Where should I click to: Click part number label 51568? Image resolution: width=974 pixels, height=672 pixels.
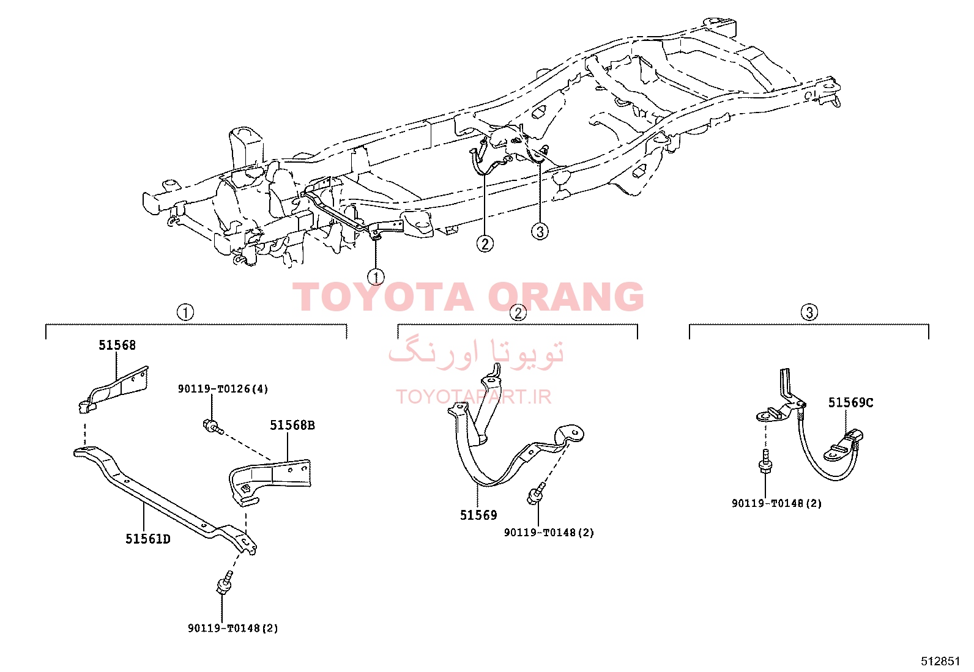(x=117, y=345)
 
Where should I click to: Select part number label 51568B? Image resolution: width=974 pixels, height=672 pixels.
(x=292, y=425)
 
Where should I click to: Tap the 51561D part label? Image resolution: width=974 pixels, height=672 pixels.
(x=148, y=539)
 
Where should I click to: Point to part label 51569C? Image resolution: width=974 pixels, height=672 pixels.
(x=850, y=403)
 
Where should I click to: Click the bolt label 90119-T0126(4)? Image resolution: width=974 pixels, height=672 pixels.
(x=223, y=389)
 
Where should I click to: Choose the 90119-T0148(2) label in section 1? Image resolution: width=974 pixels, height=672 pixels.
(x=232, y=628)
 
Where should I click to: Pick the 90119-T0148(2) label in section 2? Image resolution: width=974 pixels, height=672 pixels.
(x=549, y=533)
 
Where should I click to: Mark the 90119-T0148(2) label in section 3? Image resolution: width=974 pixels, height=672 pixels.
(x=776, y=503)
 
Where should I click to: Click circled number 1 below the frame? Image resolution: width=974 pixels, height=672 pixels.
(x=376, y=277)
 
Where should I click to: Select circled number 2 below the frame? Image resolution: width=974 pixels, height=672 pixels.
(x=485, y=243)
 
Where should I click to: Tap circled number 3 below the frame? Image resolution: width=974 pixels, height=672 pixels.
(x=540, y=231)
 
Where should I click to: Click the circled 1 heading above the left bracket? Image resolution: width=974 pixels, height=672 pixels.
(x=185, y=312)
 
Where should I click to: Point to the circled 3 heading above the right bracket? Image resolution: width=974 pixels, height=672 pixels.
(x=809, y=312)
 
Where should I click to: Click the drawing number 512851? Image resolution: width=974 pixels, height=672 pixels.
(x=940, y=661)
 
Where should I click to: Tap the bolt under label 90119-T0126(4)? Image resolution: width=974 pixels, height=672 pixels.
(x=213, y=426)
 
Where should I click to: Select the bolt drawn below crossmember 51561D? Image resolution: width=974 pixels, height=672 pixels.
(x=225, y=583)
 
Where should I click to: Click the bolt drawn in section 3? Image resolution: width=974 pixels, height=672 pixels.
(x=764, y=462)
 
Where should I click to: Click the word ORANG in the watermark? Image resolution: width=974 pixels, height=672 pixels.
(x=566, y=297)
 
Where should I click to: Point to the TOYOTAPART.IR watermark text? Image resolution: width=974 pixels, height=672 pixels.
(x=474, y=397)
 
